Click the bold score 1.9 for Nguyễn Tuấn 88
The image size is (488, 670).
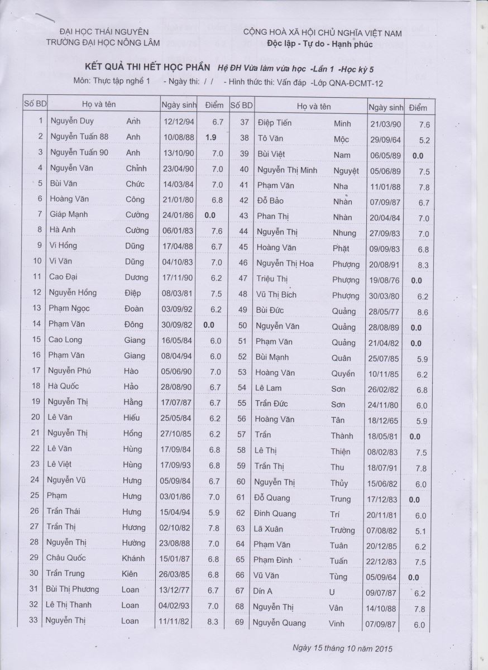click(210, 137)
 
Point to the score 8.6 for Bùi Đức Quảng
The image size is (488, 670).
click(423, 313)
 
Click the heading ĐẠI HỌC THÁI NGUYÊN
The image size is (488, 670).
click(104, 32)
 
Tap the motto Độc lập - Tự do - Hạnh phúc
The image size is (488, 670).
click(322, 43)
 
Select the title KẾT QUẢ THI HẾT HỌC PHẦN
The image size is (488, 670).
click(143, 68)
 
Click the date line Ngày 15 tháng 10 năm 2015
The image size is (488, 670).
click(342, 648)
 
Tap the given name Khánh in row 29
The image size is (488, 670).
click(133, 558)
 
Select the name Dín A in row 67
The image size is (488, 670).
click(262, 591)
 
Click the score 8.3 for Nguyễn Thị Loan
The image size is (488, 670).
click(214, 621)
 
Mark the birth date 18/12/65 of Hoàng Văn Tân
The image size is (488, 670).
click(384, 420)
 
